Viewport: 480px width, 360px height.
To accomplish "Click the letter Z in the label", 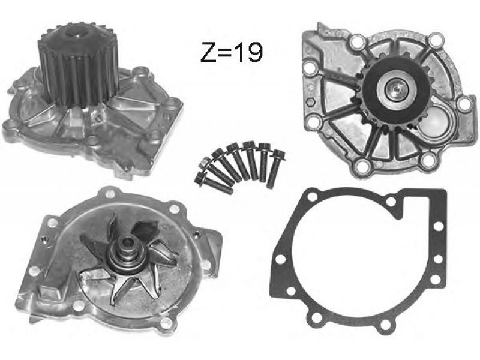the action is click(208, 52).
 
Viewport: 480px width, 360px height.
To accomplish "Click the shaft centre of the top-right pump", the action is click(396, 89).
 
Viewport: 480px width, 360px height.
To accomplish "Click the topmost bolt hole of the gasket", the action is click(312, 196).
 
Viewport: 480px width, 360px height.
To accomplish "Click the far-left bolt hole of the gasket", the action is click(280, 260).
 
